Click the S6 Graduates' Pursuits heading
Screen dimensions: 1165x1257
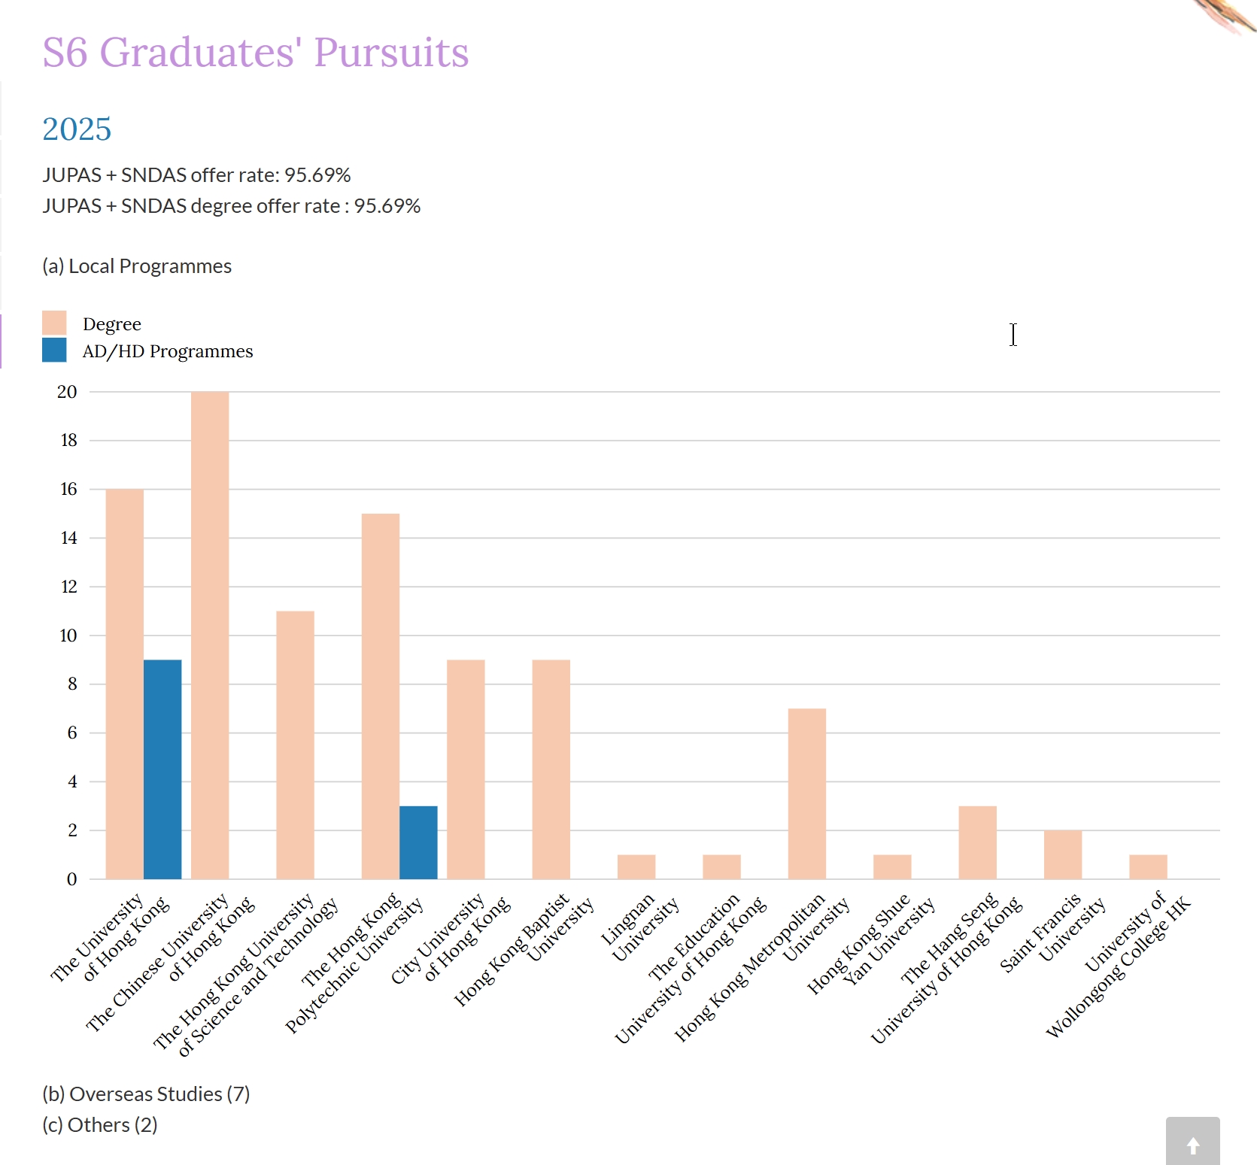[255, 53]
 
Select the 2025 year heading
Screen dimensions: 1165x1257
[77, 129]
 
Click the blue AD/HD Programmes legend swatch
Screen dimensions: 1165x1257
[54, 350]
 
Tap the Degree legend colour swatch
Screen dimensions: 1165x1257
[54, 323]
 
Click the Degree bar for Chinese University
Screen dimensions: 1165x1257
[210, 635]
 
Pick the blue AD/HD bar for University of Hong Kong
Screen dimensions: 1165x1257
[162, 769]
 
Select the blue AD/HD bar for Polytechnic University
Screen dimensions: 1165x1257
[418, 842]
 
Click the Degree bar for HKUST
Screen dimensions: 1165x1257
[295, 745]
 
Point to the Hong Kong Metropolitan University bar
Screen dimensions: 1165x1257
[806, 793]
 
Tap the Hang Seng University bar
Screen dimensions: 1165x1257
[977, 842]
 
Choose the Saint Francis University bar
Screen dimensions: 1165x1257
[1062, 854]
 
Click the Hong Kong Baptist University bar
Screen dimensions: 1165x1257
[551, 769]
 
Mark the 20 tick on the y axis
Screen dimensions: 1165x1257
[67, 392]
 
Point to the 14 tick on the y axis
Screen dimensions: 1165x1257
[68, 538]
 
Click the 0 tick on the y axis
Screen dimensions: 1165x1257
[71, 879]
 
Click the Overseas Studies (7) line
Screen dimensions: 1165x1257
[146, 1094]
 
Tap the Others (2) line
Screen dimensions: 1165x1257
[99, 1125]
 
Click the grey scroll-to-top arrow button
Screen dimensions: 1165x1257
[1192, 1142]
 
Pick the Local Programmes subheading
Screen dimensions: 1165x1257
[137, 266]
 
